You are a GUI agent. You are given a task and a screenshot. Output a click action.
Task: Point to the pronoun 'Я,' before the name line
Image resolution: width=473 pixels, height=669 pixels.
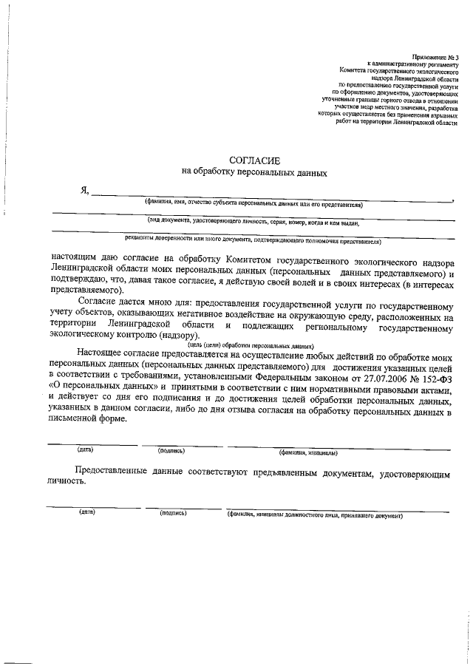coord(85,191)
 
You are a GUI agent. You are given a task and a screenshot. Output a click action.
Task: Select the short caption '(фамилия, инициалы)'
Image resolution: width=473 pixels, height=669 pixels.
coord(308,452)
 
